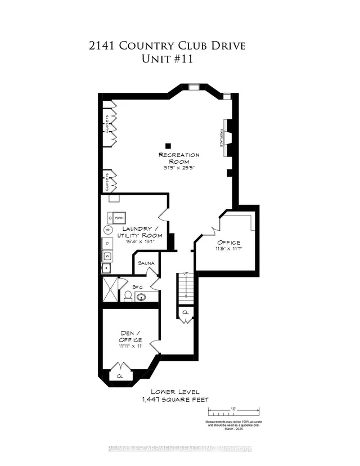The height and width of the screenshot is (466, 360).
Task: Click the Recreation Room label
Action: coord(179,158)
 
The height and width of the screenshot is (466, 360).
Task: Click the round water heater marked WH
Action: coord(107,230)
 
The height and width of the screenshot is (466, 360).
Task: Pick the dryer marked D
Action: coord(107,244)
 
